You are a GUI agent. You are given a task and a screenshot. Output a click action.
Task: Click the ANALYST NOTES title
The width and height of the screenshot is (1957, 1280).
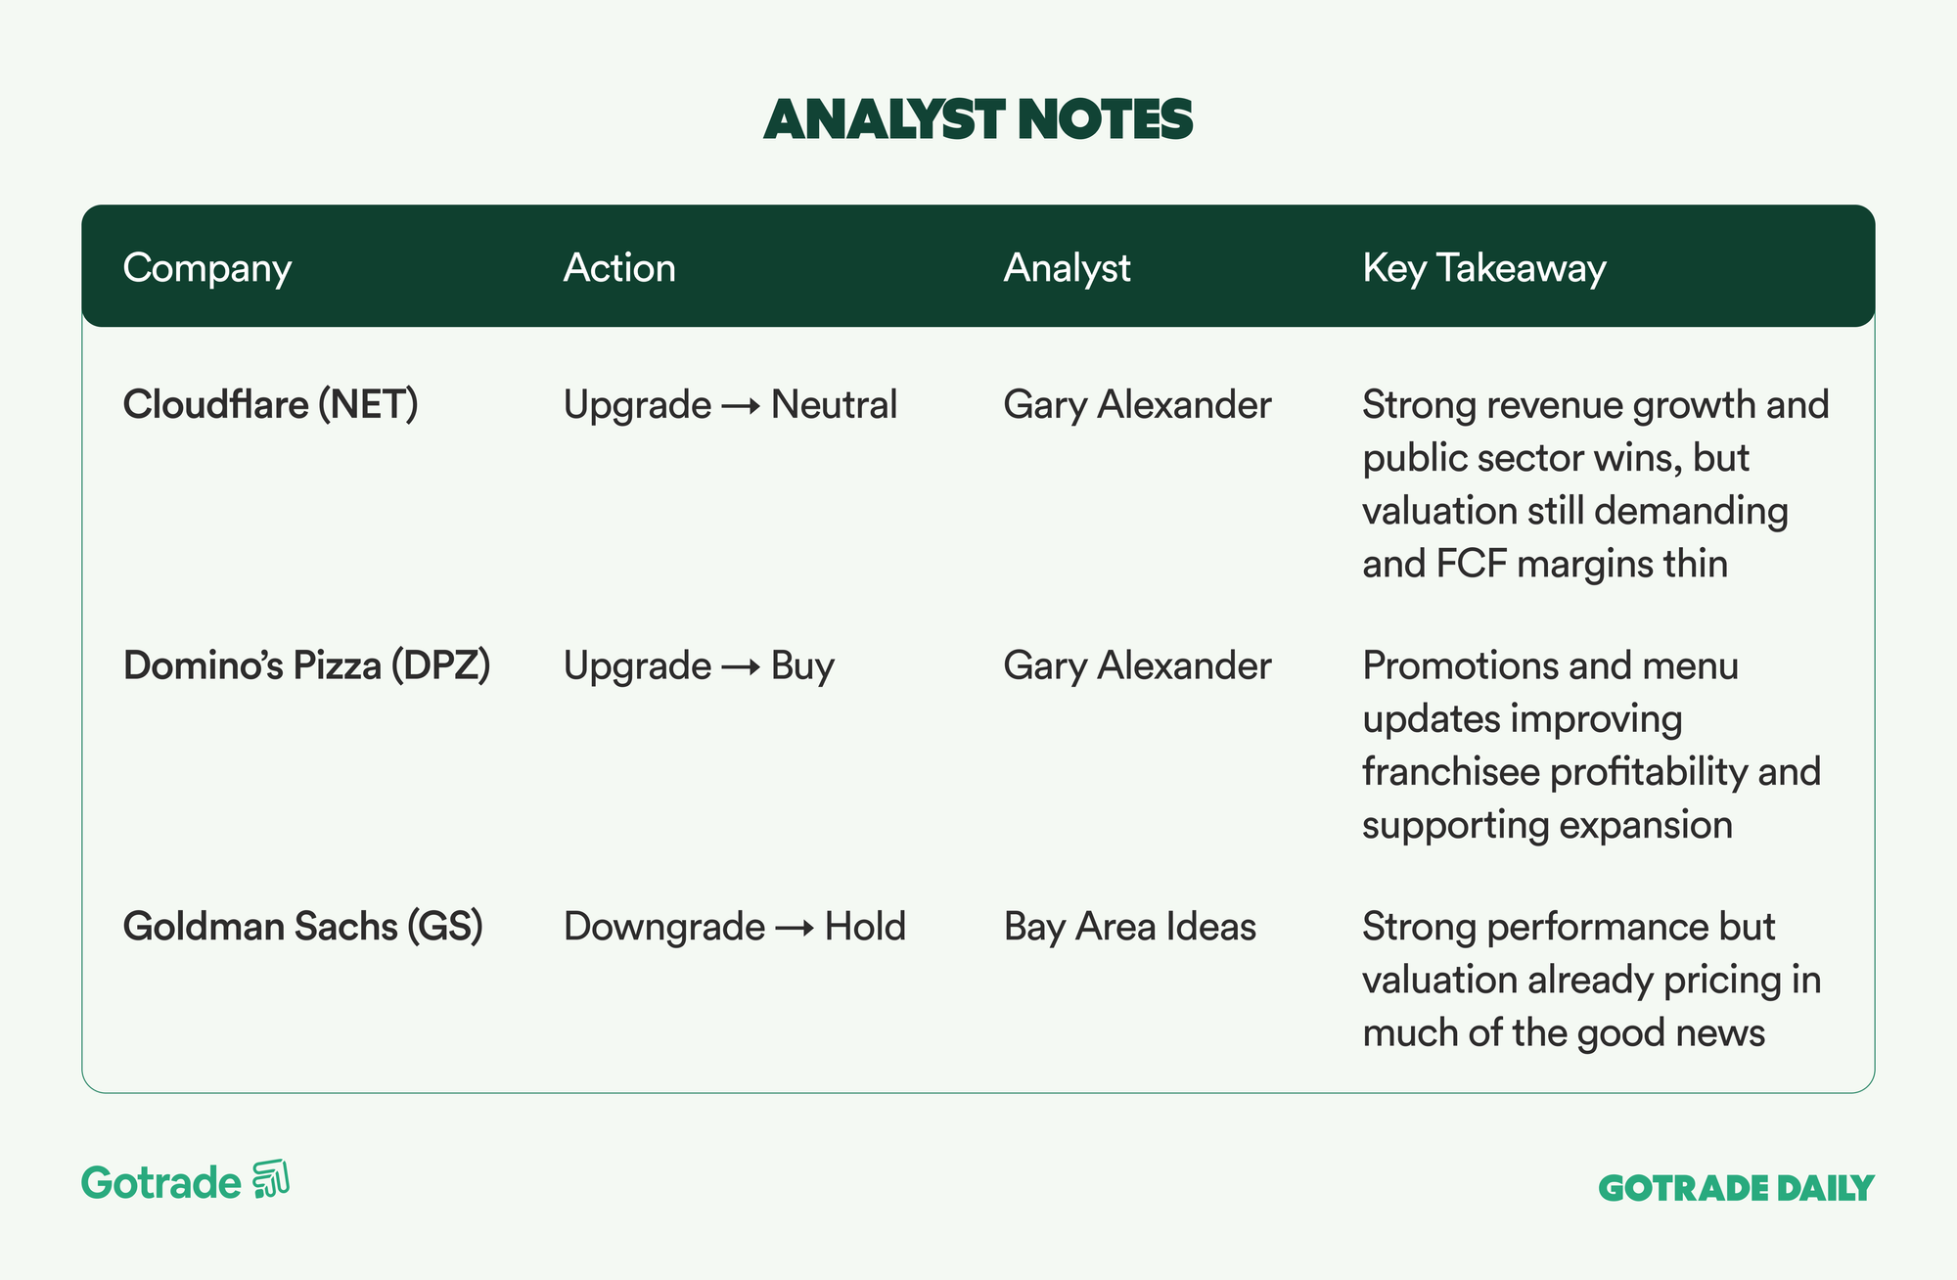tap(978, 119)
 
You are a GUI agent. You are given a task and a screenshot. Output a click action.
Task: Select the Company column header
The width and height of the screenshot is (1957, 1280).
tap(207, 268)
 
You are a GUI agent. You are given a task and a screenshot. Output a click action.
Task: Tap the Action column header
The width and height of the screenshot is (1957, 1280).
tap(619, 268)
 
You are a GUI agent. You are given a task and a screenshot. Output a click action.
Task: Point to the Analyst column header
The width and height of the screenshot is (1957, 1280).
tap(1067, 268)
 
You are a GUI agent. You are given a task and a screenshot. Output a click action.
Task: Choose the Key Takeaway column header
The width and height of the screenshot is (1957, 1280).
tap(1484, 268)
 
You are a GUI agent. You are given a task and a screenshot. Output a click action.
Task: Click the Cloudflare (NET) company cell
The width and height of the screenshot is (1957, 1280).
tap(271, 404)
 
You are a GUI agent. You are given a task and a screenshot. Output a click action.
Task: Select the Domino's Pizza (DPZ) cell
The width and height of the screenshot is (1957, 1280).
tap(307, 665)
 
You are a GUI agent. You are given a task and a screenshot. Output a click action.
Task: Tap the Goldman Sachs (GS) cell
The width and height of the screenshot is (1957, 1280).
tap(303, 927)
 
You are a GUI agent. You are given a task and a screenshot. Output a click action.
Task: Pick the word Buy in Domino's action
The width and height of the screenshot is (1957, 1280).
tap(802, 666)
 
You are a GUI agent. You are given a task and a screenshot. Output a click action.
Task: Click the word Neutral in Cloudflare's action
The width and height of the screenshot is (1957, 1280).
tap(834, 404)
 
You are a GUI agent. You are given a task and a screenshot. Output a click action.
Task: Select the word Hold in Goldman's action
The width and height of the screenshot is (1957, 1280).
tap(865, 927)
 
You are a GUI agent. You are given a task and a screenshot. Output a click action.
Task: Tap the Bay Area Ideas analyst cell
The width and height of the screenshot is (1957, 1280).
tap(1130, 927)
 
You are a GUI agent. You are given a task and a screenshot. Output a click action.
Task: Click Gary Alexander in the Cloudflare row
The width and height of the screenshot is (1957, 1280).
tap(1137, 405)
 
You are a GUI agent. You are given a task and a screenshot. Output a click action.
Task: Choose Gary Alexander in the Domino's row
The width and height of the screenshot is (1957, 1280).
tap(1137, 666)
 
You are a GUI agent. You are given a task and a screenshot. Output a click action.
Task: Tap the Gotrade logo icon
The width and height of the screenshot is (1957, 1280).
tap(271, 1179)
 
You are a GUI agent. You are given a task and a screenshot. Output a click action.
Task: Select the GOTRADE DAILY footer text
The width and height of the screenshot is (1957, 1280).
tap(1736, 1188)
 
